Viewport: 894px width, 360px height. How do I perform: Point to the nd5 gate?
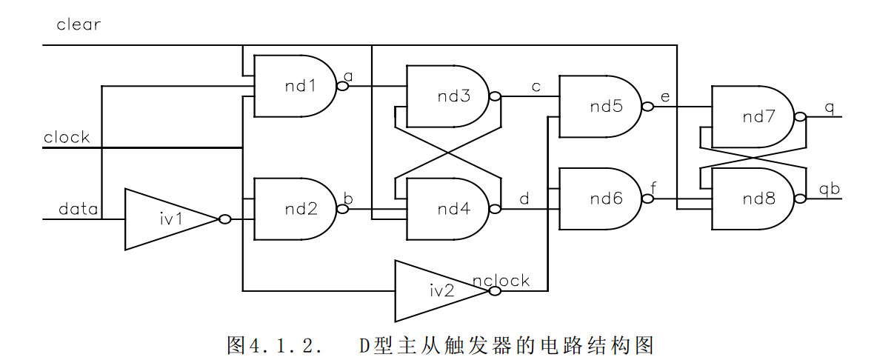pos(600,106)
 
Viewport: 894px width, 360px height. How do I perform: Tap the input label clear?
pos(79,24)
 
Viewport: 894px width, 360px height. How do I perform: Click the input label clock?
pos(67,137)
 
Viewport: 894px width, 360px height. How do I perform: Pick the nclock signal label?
pos(501,280)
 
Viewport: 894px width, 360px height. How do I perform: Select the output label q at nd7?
pos(829,107)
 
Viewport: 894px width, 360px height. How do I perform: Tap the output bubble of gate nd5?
pos(647,107)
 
